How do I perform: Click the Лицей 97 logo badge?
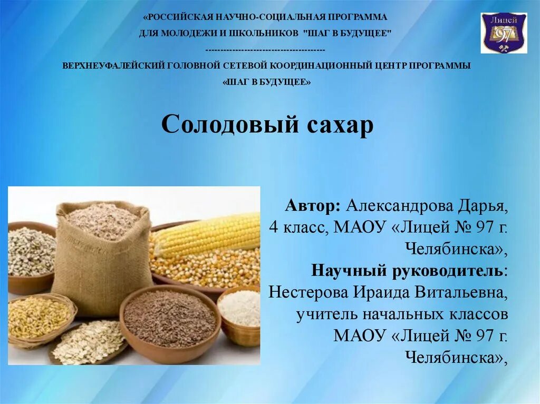pos(503,33)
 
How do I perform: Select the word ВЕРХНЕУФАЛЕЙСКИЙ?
pos(113,66)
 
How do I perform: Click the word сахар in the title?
pos(339,125)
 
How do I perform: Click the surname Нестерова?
pos(308,292)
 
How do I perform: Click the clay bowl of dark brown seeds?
pos(170,320)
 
